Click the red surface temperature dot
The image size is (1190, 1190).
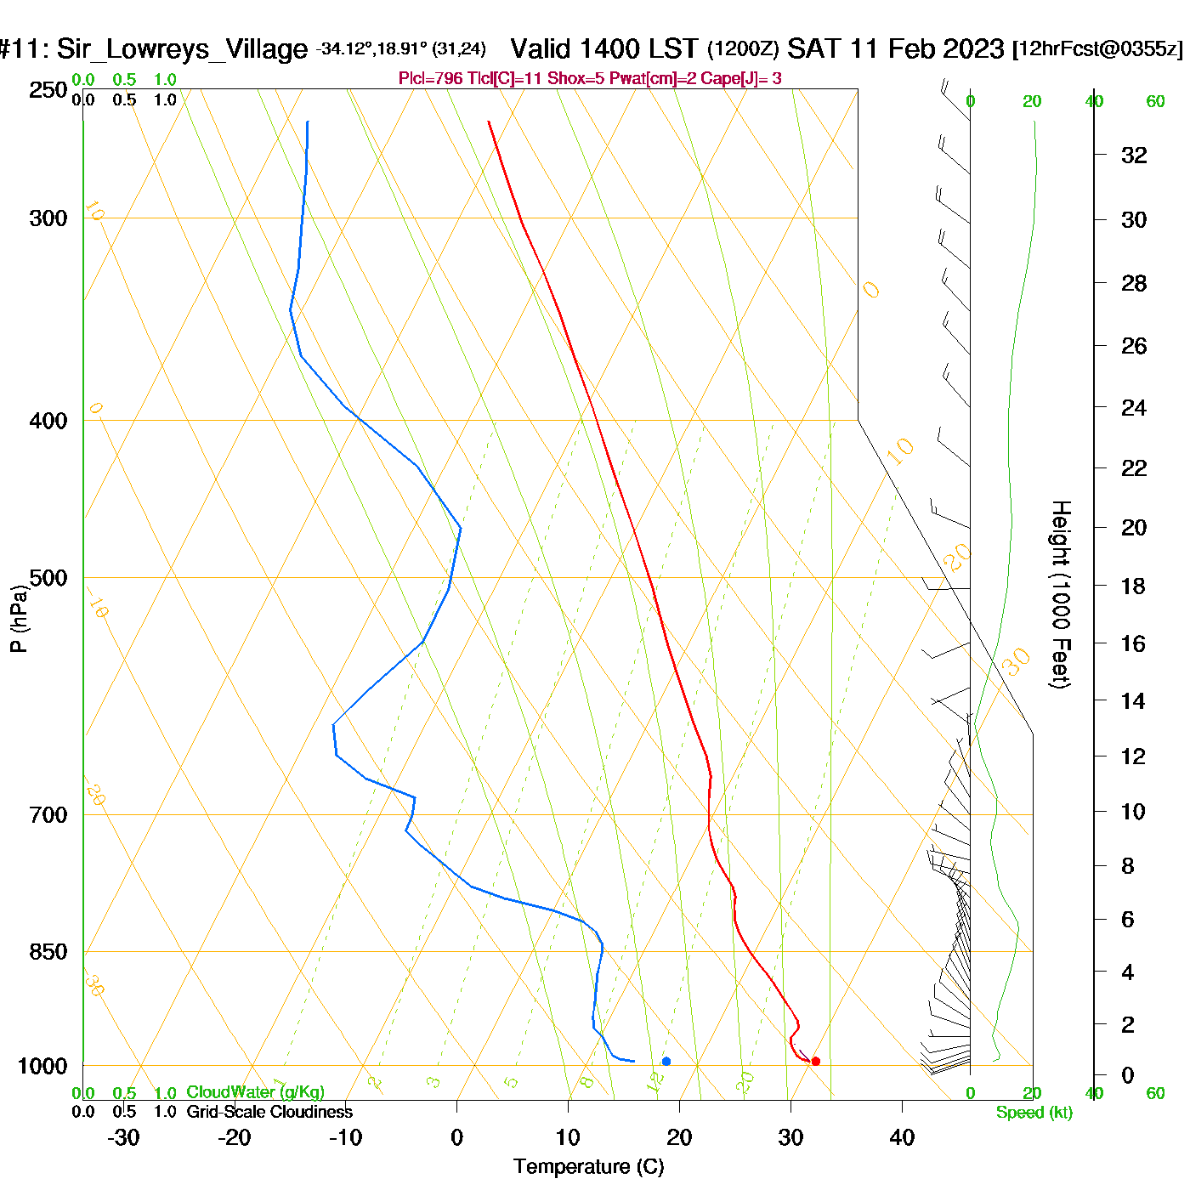(815, 1061)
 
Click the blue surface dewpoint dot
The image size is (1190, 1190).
(666, 1061)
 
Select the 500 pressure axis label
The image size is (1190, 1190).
(48, 578)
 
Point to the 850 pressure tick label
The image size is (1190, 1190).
(48, 952)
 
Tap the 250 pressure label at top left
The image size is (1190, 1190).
(48, 90)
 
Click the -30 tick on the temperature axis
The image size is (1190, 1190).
(123, 1137)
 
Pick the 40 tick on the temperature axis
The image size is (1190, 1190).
(902, 1137)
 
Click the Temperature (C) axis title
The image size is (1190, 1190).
(588, 1167)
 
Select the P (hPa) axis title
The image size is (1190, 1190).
(19, 619)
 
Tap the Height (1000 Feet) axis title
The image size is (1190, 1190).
(1060, 594)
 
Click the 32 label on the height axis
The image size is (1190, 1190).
(1134, 155)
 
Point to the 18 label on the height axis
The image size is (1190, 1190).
(1134, 586)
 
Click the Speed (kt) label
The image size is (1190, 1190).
(1034, 1113)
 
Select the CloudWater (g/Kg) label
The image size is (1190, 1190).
(255, 1092)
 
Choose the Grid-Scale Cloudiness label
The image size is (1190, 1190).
(269, 1112)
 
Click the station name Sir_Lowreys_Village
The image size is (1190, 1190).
(182, 49)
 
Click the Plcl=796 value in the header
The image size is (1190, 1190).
(431, 79)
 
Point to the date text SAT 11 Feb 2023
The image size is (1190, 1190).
(896, 48)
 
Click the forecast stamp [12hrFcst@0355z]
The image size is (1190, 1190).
(1097, 48)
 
